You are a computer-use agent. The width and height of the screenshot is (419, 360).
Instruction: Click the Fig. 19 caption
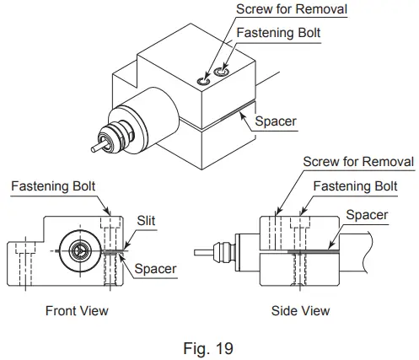click(x=209, y=346)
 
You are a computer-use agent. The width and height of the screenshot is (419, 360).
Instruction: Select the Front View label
click(x=76, y=311)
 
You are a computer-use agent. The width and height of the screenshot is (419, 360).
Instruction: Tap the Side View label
click(x=300, y=311)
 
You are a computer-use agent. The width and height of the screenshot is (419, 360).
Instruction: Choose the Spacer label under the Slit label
click(x=156, y=269)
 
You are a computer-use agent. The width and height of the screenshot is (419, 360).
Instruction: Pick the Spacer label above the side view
click(x=367, y=215)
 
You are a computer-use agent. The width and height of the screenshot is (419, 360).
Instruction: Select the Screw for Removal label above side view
click(x=358, y=161)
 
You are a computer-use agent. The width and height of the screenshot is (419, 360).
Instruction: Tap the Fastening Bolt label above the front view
click(x=54, y=185)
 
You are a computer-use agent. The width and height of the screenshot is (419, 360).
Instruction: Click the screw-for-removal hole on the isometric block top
click(x=203, y=81)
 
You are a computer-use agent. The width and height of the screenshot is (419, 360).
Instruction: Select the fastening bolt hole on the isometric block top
click(x=221, y=73)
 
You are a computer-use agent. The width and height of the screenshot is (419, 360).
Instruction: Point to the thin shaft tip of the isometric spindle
click(x=95, y=149)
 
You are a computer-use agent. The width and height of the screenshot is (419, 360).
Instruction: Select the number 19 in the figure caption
click(x=223, y=346)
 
